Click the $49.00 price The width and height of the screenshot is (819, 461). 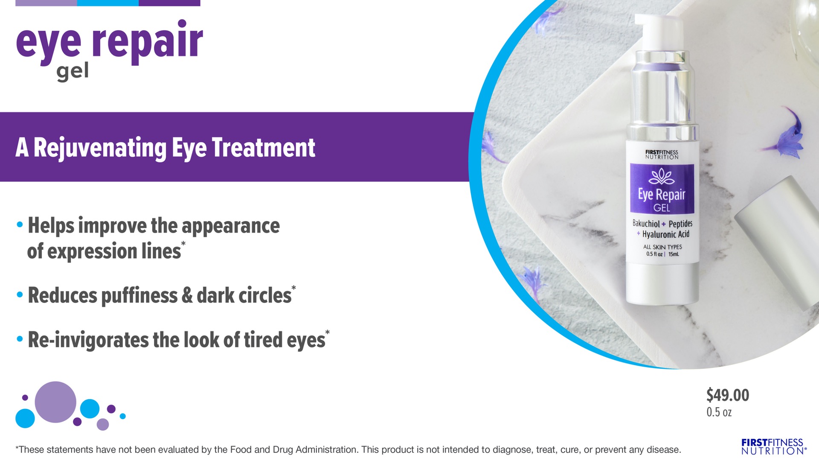727,395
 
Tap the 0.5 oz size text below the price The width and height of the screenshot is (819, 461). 719,412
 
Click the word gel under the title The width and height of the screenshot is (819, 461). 73,72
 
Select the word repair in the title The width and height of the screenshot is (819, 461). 147,41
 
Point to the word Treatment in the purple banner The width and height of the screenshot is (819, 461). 263,148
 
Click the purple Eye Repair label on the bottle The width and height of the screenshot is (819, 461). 662,188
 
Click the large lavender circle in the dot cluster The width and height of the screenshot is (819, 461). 55,402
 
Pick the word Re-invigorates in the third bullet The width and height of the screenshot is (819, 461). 88,340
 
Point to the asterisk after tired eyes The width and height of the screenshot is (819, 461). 327,333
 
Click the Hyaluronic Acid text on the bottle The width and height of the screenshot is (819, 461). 665,234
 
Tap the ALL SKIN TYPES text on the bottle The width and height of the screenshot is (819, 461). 662,247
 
